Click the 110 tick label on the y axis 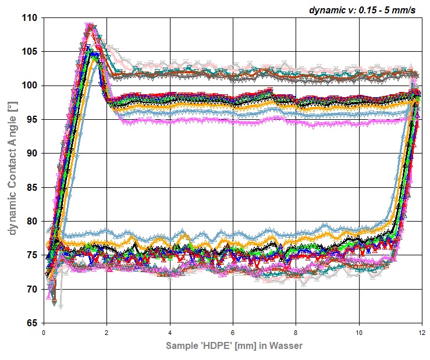[30, 18]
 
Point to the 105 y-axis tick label [30, 52]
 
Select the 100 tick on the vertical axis [30, 85]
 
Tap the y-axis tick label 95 [33, 120]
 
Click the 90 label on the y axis [33, 154]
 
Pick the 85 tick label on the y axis [33, 187]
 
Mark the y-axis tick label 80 [33, 221]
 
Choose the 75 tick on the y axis [33, 255]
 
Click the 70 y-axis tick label [33, 289]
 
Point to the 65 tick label [33, 323]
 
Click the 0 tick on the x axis [44, 333]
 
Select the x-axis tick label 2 [107, 333]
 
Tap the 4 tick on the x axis [170, 333]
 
